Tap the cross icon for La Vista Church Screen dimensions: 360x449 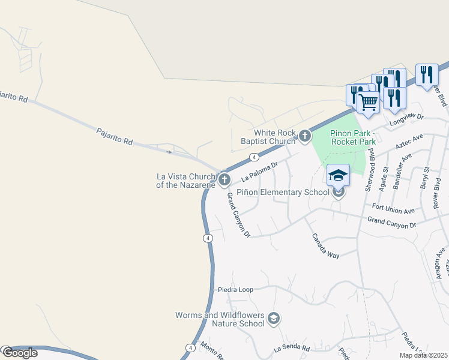click(224, 179)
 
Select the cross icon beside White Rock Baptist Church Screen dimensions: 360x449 click(305, 136)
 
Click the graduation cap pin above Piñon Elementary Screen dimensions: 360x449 click(338, 175)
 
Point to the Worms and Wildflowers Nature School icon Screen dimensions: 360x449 click(274, 318)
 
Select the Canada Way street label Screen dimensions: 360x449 click(325, 245)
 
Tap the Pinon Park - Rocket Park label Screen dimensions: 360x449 click(352, 137)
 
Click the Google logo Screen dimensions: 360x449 click(19, 353)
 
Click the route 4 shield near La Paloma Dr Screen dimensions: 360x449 click(255, 157)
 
